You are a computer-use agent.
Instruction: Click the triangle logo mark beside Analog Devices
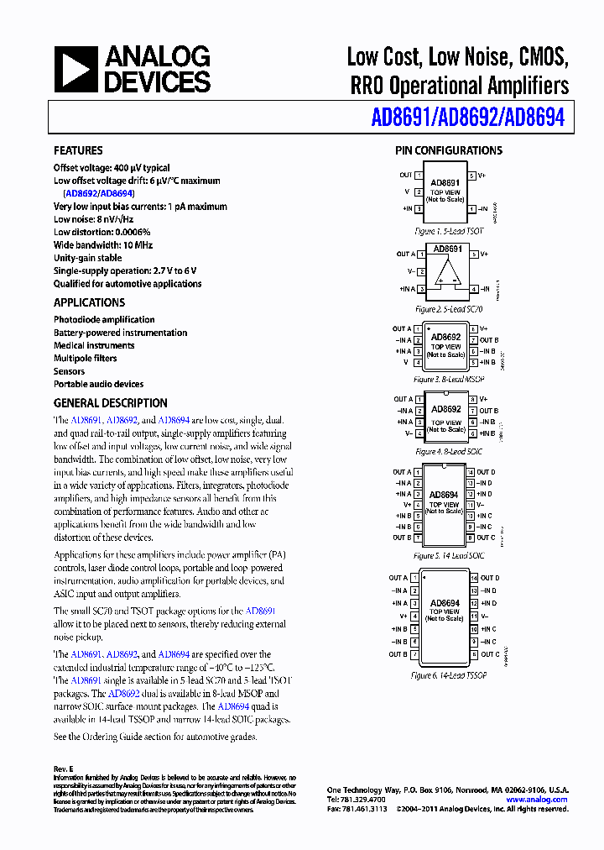point(75,69)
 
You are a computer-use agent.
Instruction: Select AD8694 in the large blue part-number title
point(534,118)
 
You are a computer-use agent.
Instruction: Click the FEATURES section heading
point(78,151)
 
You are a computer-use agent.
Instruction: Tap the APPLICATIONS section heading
point(89,302)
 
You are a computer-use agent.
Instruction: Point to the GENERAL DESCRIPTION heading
point(111,403)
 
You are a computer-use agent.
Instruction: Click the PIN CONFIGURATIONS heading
point(449,151)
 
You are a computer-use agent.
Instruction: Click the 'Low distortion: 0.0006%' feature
point(102,233)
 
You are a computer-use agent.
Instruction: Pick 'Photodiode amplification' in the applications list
point(104,320)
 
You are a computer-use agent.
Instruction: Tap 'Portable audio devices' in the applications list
point(98,385)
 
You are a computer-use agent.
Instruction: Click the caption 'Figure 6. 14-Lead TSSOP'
point(446,675)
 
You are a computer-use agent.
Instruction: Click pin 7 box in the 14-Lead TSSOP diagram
point(419,654)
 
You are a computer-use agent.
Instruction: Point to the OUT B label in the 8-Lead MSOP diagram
point(489,340)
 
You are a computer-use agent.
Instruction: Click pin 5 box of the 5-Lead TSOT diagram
point(472,176)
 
